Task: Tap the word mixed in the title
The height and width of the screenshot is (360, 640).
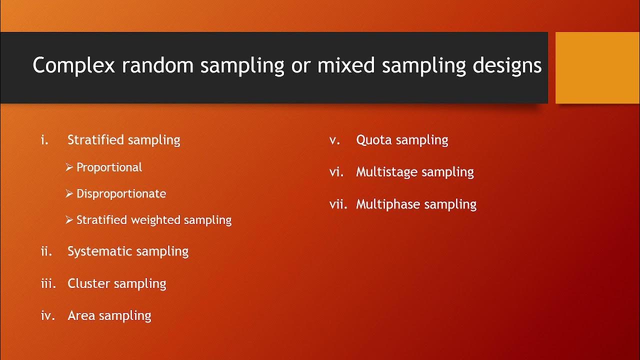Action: click(x=341, y=65)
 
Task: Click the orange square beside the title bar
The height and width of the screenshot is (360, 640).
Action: click(x=597, y=67)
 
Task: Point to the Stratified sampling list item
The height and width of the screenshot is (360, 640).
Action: click(x=123, y=140)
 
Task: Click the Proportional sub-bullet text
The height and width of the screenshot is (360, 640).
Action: click(x=109, y=167)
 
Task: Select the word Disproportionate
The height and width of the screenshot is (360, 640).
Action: click(x=121, y=194)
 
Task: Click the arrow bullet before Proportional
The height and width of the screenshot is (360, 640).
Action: click(x=69, y=167)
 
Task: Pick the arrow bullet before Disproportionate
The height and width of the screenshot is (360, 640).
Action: click(x=69, y=194)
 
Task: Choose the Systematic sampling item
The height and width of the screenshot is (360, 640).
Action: click(x=127, y=251)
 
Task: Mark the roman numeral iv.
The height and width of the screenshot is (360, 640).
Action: click(x=47, y=315)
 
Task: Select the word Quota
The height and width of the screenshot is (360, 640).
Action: click(x=373, y=140)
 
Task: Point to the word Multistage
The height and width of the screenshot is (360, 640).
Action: click(x=386, y=172)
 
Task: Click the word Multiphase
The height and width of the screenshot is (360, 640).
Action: click(x=387, y=204)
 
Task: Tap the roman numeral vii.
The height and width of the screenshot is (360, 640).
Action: click(x=338, y=204)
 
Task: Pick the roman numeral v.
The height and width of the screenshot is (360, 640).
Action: click(x=335, y=140)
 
